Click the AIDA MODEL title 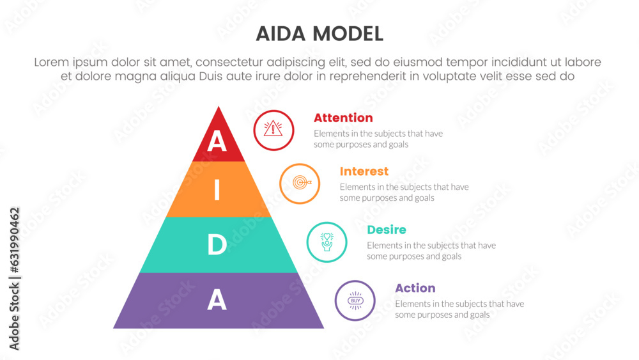coord(319,34)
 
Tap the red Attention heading coord(343,118)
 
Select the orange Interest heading coord(364,171)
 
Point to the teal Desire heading coord(387,230)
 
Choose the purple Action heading coord(415,288)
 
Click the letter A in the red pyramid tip coord(217,141)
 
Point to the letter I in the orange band coord(217,189)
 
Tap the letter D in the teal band coord(217,245)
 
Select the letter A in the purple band coord(217,300)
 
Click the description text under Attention coord(378,139)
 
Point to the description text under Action coord(459,309)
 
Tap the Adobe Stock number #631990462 coord(14,240)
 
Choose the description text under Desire coord(431,251)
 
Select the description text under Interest coord(404,192)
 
